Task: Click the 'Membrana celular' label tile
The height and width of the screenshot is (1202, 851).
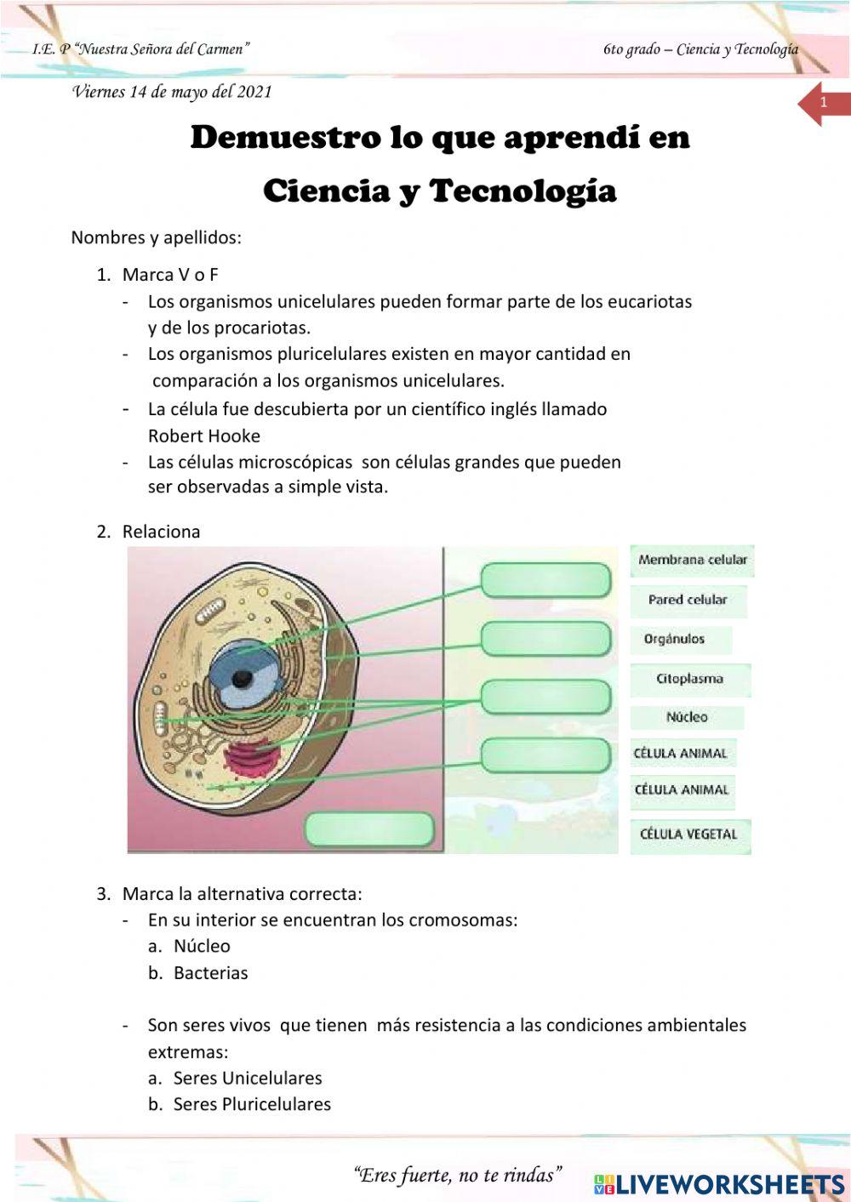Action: [x=692, y=560]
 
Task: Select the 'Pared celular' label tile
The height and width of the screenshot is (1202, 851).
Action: [x=688, y=600]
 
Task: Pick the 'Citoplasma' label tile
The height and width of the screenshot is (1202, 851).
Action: [x=689, y=679]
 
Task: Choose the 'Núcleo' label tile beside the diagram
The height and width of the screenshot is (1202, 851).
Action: [x=687, y=717]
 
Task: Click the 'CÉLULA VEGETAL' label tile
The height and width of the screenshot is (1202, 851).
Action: [x=688, y=834]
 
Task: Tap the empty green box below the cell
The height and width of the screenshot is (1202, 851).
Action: [x=369, y=829]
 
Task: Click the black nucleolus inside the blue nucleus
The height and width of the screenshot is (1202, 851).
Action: [x=243, y=678]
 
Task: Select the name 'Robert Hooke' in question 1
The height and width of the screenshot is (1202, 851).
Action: [x=204, y=436]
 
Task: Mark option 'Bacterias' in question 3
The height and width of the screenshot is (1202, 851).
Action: [x=210, y=973]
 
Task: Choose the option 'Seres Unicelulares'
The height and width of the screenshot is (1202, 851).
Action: [x=248, y=1079]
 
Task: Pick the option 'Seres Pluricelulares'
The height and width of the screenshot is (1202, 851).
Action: [x=252, y=1105]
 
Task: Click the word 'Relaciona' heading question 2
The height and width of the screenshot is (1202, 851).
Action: [x=162, y=532]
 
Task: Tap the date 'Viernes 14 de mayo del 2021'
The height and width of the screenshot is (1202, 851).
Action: [x=172, y=92]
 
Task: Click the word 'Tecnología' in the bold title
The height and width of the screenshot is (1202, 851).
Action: [x=523, y=191]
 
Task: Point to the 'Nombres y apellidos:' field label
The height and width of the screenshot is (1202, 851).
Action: [x=157, y=237]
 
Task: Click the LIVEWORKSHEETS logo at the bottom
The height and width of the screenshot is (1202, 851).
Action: [x=719, y=1184]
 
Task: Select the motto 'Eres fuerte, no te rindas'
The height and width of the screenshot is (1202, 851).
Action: [x=458, y=1176]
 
